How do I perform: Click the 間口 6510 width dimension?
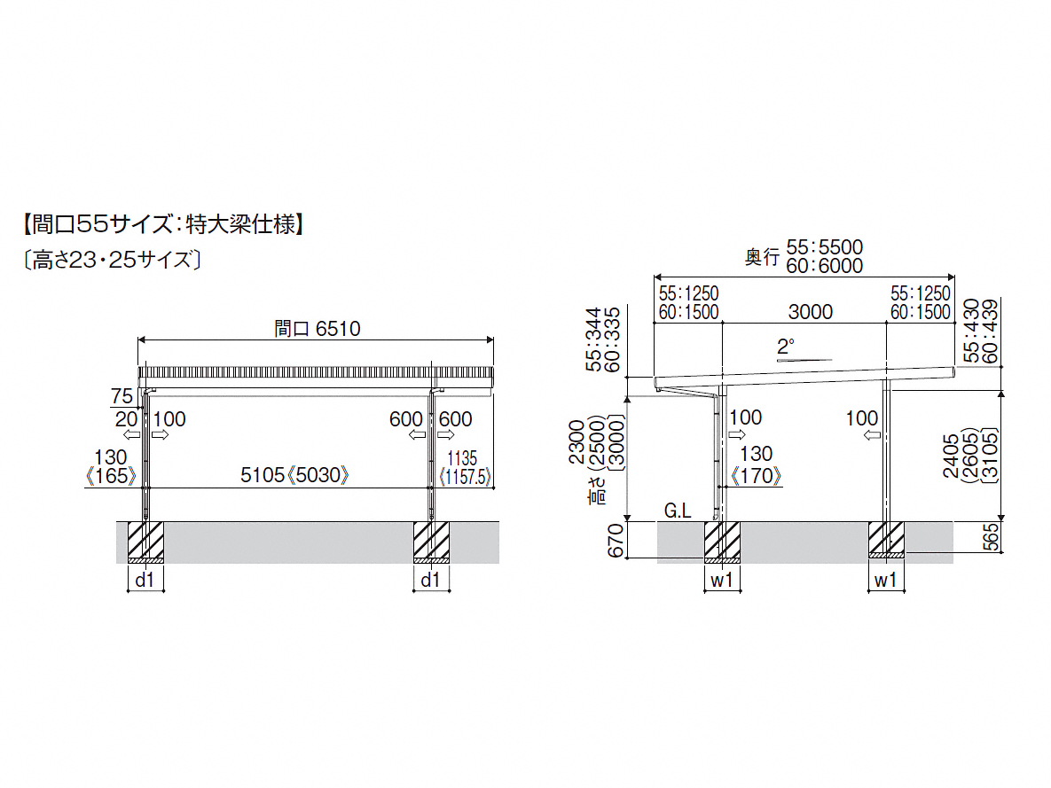click(317, 329)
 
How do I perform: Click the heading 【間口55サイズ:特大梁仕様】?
click(163, 224)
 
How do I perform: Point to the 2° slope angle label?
click(785, 347)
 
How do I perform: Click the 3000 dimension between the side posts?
click(809, 311)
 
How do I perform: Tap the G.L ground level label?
click(677, 511)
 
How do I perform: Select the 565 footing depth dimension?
click(992, 536)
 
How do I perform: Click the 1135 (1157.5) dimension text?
click(464, 467)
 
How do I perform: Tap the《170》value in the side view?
click(755, 476)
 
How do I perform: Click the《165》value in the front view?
click(112, 476)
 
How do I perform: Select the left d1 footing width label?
click(145, 581)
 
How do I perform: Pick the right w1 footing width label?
click(885, 581)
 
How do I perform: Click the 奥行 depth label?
click(762, 256)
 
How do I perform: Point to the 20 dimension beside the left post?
click(123, 418)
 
